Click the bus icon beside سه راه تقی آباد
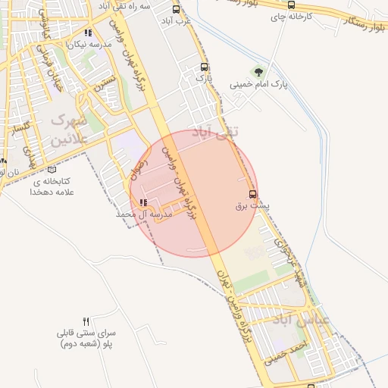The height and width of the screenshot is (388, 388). [176, 10]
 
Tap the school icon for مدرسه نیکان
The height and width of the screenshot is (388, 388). [89, 33]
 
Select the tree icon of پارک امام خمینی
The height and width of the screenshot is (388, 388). [260, 72]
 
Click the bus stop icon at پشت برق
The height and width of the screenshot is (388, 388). [252, 193]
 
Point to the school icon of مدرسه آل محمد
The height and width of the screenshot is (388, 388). [143, 202]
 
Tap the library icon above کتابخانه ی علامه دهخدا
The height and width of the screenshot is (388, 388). [51, 170]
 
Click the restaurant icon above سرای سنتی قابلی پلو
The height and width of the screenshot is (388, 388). [86, 321]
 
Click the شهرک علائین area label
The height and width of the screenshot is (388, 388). [70, 130]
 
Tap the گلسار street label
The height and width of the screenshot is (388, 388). [21, 129]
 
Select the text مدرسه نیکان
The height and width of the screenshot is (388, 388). [89, 45]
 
